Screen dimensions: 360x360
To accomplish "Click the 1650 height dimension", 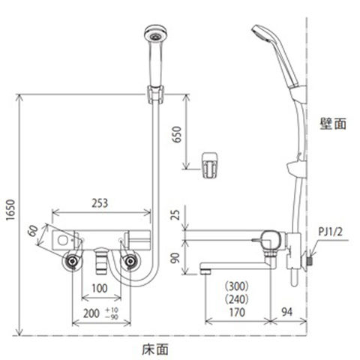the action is (10, 209).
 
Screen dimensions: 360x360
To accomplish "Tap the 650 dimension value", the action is (177, 134).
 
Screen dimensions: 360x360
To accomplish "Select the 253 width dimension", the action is (100, 203).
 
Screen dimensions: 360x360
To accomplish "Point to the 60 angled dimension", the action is (33, 230).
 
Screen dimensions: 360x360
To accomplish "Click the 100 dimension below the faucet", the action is (100, 288).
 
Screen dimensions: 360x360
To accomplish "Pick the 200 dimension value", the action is (91, 313).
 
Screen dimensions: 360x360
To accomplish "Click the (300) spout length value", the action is (237, 286).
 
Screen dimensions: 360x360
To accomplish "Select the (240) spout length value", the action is (237, 299).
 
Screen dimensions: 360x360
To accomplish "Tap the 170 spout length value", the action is (237, 313).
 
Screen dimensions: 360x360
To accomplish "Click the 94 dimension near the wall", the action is (286, 312).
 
